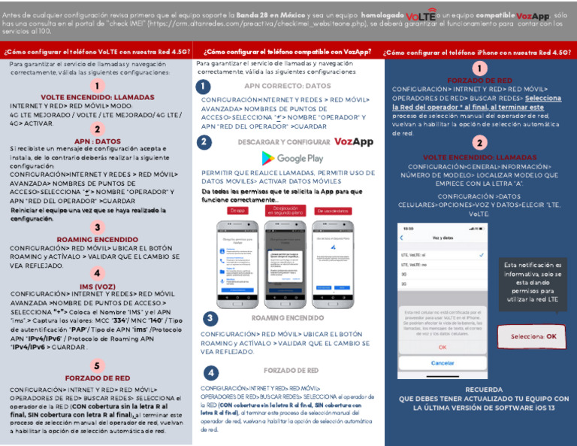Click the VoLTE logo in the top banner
(x=421, y=15)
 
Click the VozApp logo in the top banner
(x=533, y=15)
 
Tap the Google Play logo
(x=292, y=159)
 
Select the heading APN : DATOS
(x=97, y=141)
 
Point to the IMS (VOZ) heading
(x=97, y=287)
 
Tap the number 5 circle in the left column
(x=97, y=366)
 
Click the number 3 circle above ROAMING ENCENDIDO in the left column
(x=97, y=227)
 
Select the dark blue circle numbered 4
(x=211, y=372)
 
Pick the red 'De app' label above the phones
(x=237, y=211)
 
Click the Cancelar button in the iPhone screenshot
(x=443, y=363)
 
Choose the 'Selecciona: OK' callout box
(x=533, y=336)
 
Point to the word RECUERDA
(x=483, y=390)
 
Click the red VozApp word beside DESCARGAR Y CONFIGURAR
(x=353, y=141)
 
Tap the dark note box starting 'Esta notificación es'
(x=532, y=282)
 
